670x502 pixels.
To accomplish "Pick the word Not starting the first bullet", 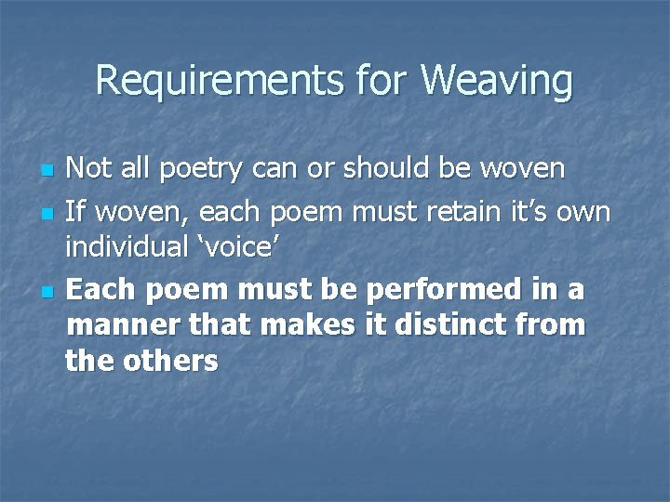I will [88, 169].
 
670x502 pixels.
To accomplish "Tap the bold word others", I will [169, 361].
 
